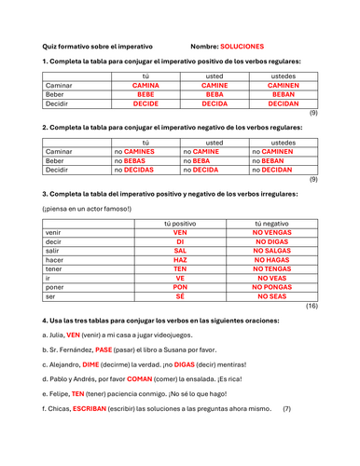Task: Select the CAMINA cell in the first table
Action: pyautogui.click(x=145, y=85)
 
